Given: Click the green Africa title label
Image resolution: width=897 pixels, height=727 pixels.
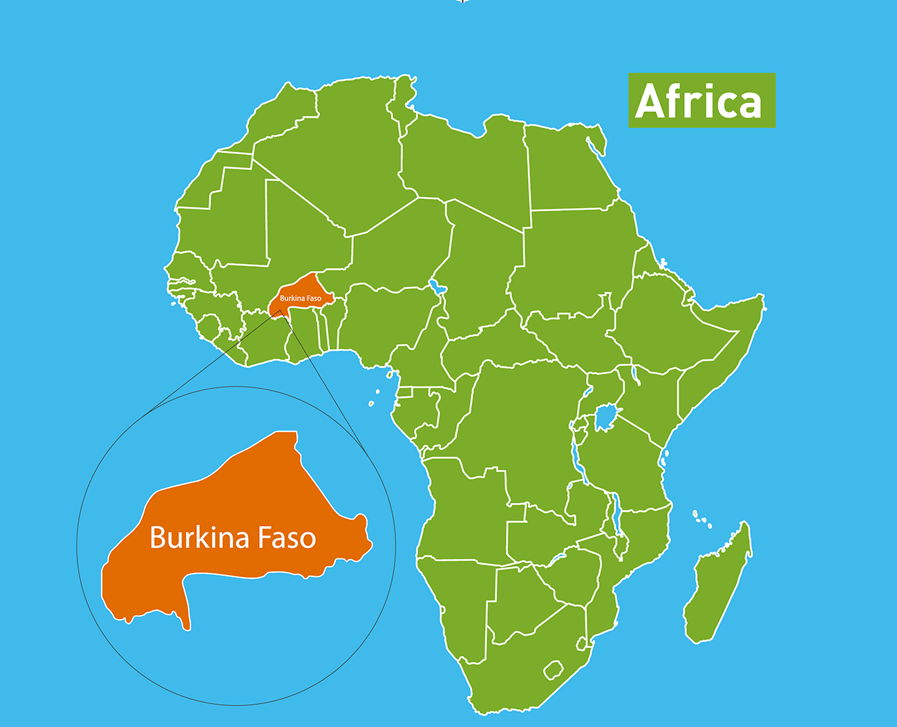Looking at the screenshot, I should (x=701, y=100).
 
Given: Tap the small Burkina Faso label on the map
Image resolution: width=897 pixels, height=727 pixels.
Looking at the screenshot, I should (x=300, y=298).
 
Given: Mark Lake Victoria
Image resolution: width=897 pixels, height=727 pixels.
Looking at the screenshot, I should (x=606, y=418).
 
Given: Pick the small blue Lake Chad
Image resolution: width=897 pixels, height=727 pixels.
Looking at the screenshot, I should (x=435, y=285).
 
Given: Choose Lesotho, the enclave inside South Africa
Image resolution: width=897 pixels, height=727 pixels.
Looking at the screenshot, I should (x=553, y=670).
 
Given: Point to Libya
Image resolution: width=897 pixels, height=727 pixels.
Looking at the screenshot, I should (x=470, y=166).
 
